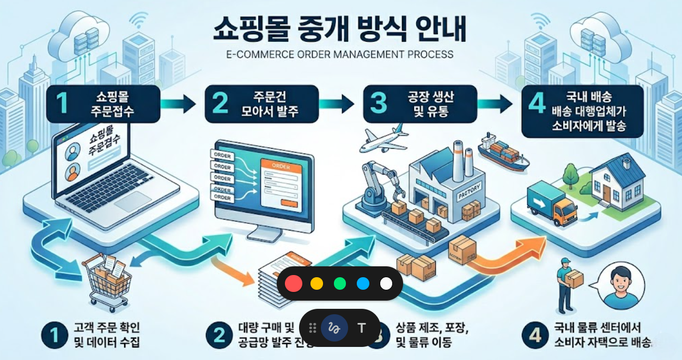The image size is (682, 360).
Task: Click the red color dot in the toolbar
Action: (x=294, y=283)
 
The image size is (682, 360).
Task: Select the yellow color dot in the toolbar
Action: (x=316, y=283)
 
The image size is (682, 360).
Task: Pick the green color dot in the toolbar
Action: (x=340, y=283)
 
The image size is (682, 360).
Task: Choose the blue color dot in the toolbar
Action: (x=363, y=283)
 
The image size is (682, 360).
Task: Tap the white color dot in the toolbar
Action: (x=386, y=283)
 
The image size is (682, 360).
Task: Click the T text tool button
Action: (x=361, y=328)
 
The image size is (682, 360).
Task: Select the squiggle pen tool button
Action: (x=334, y=328)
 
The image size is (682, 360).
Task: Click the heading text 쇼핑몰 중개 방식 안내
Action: (x=339, y=30)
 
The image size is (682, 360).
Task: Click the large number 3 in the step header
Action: (x=378, y=103)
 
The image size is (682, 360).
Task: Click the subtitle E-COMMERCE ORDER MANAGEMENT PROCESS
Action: (x=339, y=54)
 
